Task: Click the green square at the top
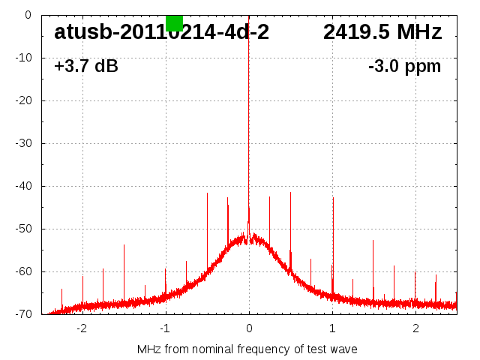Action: (174, 22)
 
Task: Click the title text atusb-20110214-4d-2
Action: (161, 32)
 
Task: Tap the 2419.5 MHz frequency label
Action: (382, 32)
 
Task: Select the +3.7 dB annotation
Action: (85, 67)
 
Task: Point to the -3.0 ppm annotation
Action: (404, 67)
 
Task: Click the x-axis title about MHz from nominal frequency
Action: (247, 349)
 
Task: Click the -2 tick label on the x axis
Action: (82, 328)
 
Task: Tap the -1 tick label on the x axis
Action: (165, 328)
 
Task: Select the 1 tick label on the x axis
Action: (332, 328)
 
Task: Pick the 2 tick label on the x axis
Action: (415, 328)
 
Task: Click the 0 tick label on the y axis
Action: (27, 15)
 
